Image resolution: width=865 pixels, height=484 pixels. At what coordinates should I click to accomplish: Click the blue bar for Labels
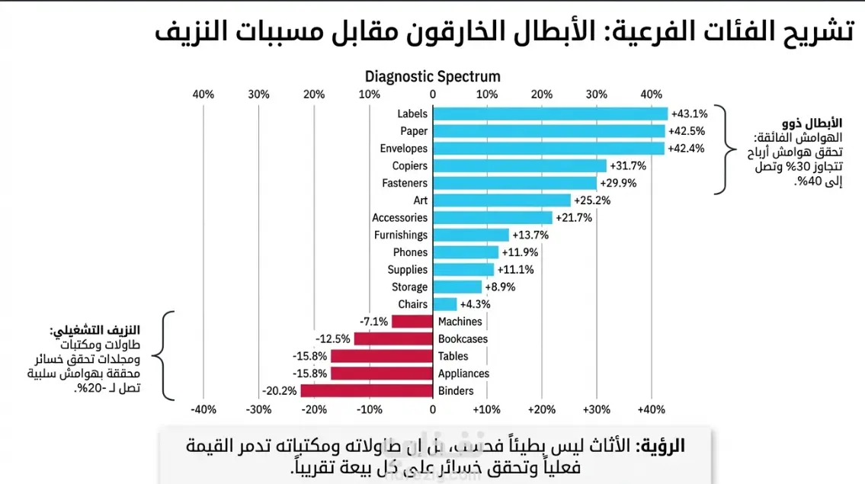coord(550,114)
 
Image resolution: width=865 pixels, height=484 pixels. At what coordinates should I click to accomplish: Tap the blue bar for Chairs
coord(445,304)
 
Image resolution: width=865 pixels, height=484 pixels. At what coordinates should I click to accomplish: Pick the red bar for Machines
coord(412,322)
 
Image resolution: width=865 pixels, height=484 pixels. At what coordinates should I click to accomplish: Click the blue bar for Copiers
coord(520,165)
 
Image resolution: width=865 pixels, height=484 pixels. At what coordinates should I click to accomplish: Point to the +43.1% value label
coord(689,114)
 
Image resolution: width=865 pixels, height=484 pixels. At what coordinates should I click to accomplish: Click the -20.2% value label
coord(280,391)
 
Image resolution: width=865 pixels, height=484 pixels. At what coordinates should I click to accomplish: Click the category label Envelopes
coord(404,149)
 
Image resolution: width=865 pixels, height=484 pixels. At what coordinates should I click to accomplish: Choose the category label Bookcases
coord(463,339)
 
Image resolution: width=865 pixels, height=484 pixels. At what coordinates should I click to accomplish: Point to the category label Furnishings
coord(401,235)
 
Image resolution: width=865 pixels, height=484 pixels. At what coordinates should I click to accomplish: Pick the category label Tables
coord(453,356)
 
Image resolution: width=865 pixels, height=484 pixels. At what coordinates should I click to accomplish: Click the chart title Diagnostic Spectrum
coord(433,76)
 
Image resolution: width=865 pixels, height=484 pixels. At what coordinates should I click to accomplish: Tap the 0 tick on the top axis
coord(433,95)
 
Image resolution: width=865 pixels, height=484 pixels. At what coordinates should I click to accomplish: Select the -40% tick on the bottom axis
coord(203,409)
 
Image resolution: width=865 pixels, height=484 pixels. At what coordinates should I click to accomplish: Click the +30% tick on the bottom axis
coord(596,409)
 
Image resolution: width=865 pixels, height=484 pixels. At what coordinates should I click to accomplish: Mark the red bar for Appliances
coord(382,373)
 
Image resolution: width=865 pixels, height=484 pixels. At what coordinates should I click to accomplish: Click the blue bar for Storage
coord(457,287)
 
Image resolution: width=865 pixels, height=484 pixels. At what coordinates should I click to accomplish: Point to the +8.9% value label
coord(500,287)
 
